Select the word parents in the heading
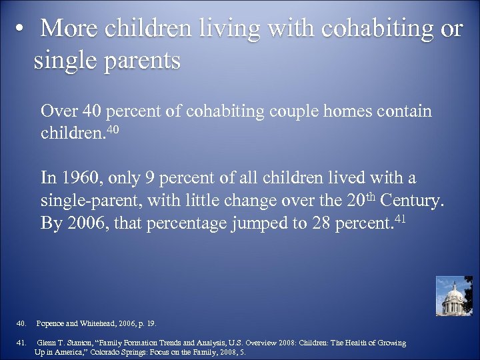tap(140, 61)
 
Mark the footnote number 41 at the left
tap(21, 343)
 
